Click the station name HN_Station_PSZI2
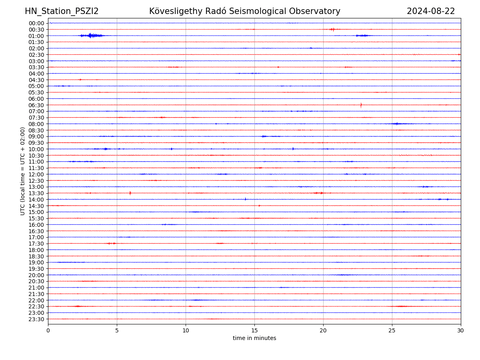coord(62,12)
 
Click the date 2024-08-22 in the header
coord(431,12)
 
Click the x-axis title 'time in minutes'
coord(254,338)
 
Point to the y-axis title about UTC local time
coord(23,171)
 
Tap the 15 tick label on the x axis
coord(254,331)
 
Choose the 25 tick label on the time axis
coord(392,331)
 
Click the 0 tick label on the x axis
coord(48,331)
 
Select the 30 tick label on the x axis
coord(461,331)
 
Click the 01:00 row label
coord(36,36)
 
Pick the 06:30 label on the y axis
coord(36,105)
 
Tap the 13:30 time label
coord(36,193)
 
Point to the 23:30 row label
coord(36,319)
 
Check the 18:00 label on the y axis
coord(36,250)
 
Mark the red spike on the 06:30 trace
coord(361,105)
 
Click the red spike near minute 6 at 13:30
coord(130,193)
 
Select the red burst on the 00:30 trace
coord(332,29)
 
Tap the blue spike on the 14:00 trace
coord(245,199)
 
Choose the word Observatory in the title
coord(318,12)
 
